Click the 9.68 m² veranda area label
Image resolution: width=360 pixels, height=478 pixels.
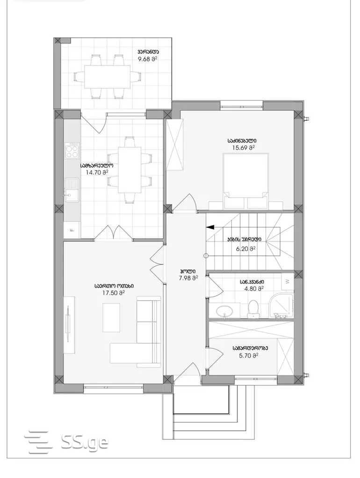[148, 59]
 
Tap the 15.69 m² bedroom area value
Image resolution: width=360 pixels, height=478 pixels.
[243, 148]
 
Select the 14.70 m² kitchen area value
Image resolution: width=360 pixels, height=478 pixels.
[97, 172]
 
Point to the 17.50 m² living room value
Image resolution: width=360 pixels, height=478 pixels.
[114, 293]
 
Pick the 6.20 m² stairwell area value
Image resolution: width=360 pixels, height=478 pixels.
[245, 249]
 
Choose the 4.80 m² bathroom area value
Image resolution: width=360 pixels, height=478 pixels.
[254, 289]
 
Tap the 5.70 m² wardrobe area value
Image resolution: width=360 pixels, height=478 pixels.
[249, 355]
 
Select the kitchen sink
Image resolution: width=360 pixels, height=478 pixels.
[72, 190]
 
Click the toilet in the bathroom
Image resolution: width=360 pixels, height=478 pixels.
[253, 309]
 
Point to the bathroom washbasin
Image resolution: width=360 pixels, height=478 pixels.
[225, 311]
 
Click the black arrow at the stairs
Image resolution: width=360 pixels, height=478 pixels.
[210, 227]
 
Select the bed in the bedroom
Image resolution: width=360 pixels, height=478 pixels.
[246, 181]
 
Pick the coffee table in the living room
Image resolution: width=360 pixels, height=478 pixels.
[111, 318]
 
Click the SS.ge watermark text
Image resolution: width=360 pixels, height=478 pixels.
[85, 442]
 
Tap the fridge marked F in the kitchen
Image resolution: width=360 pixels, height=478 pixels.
[72, 230]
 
